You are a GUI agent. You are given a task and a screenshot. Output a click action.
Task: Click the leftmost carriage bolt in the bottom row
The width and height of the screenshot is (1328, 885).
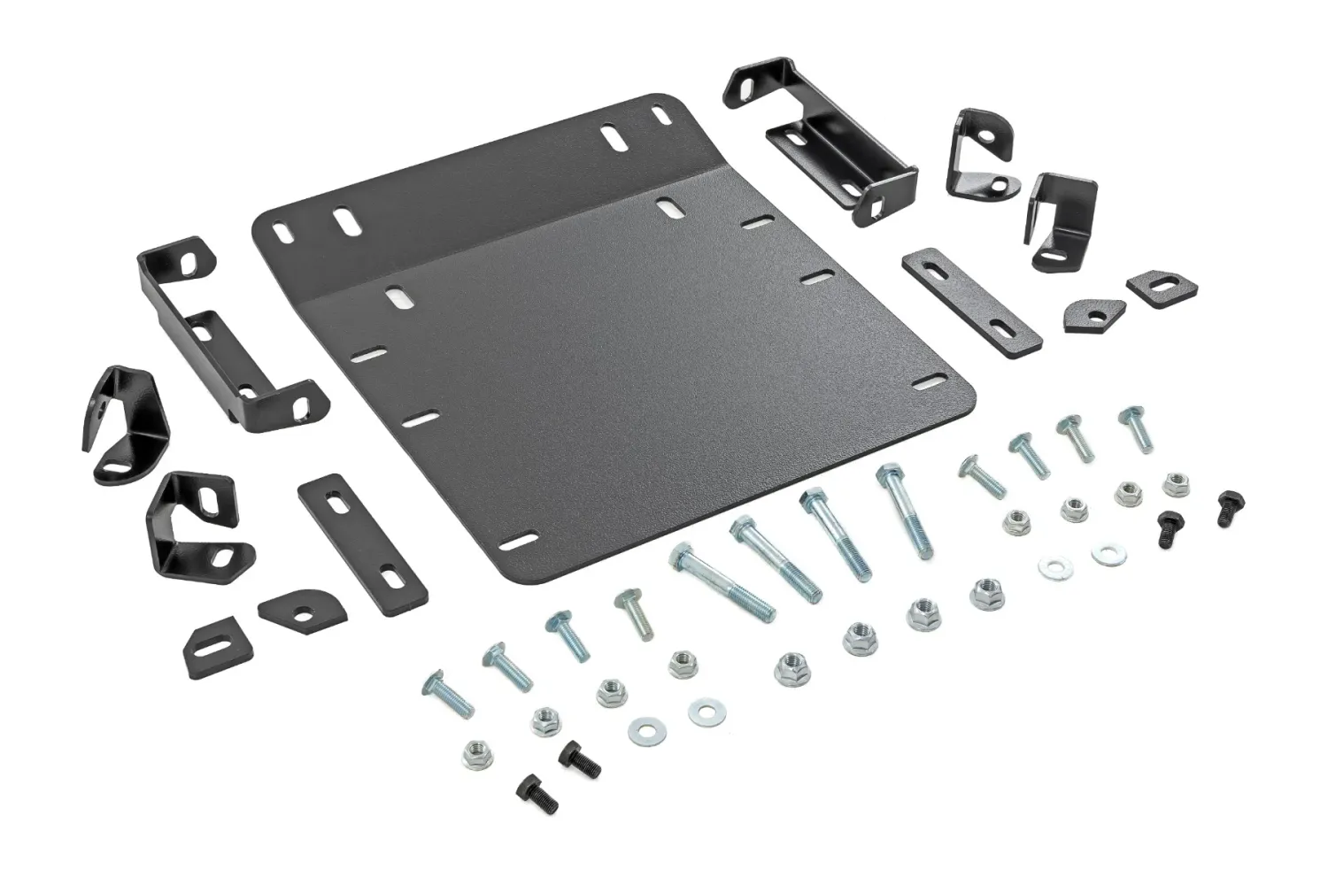tap(450, 694)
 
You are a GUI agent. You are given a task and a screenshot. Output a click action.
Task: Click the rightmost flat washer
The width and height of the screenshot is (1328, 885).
tap(1104, 555)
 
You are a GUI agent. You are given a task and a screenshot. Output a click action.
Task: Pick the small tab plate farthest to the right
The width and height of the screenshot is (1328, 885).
tap(1162, 286)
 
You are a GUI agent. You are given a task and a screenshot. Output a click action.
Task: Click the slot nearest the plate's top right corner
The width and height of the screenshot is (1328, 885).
tap(660, 116)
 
